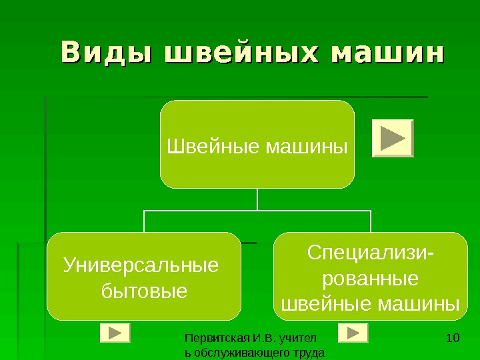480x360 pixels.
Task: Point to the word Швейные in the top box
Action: click(x=214, y=144)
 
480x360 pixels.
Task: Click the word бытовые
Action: click(x=143, y=291)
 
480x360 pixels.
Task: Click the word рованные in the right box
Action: click(x=370, y=278)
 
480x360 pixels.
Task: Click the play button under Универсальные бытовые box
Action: click(x=115, y=333)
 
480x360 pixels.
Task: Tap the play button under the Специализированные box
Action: click(x=353, y=333)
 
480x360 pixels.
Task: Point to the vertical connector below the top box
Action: click(x=257, y=199)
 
